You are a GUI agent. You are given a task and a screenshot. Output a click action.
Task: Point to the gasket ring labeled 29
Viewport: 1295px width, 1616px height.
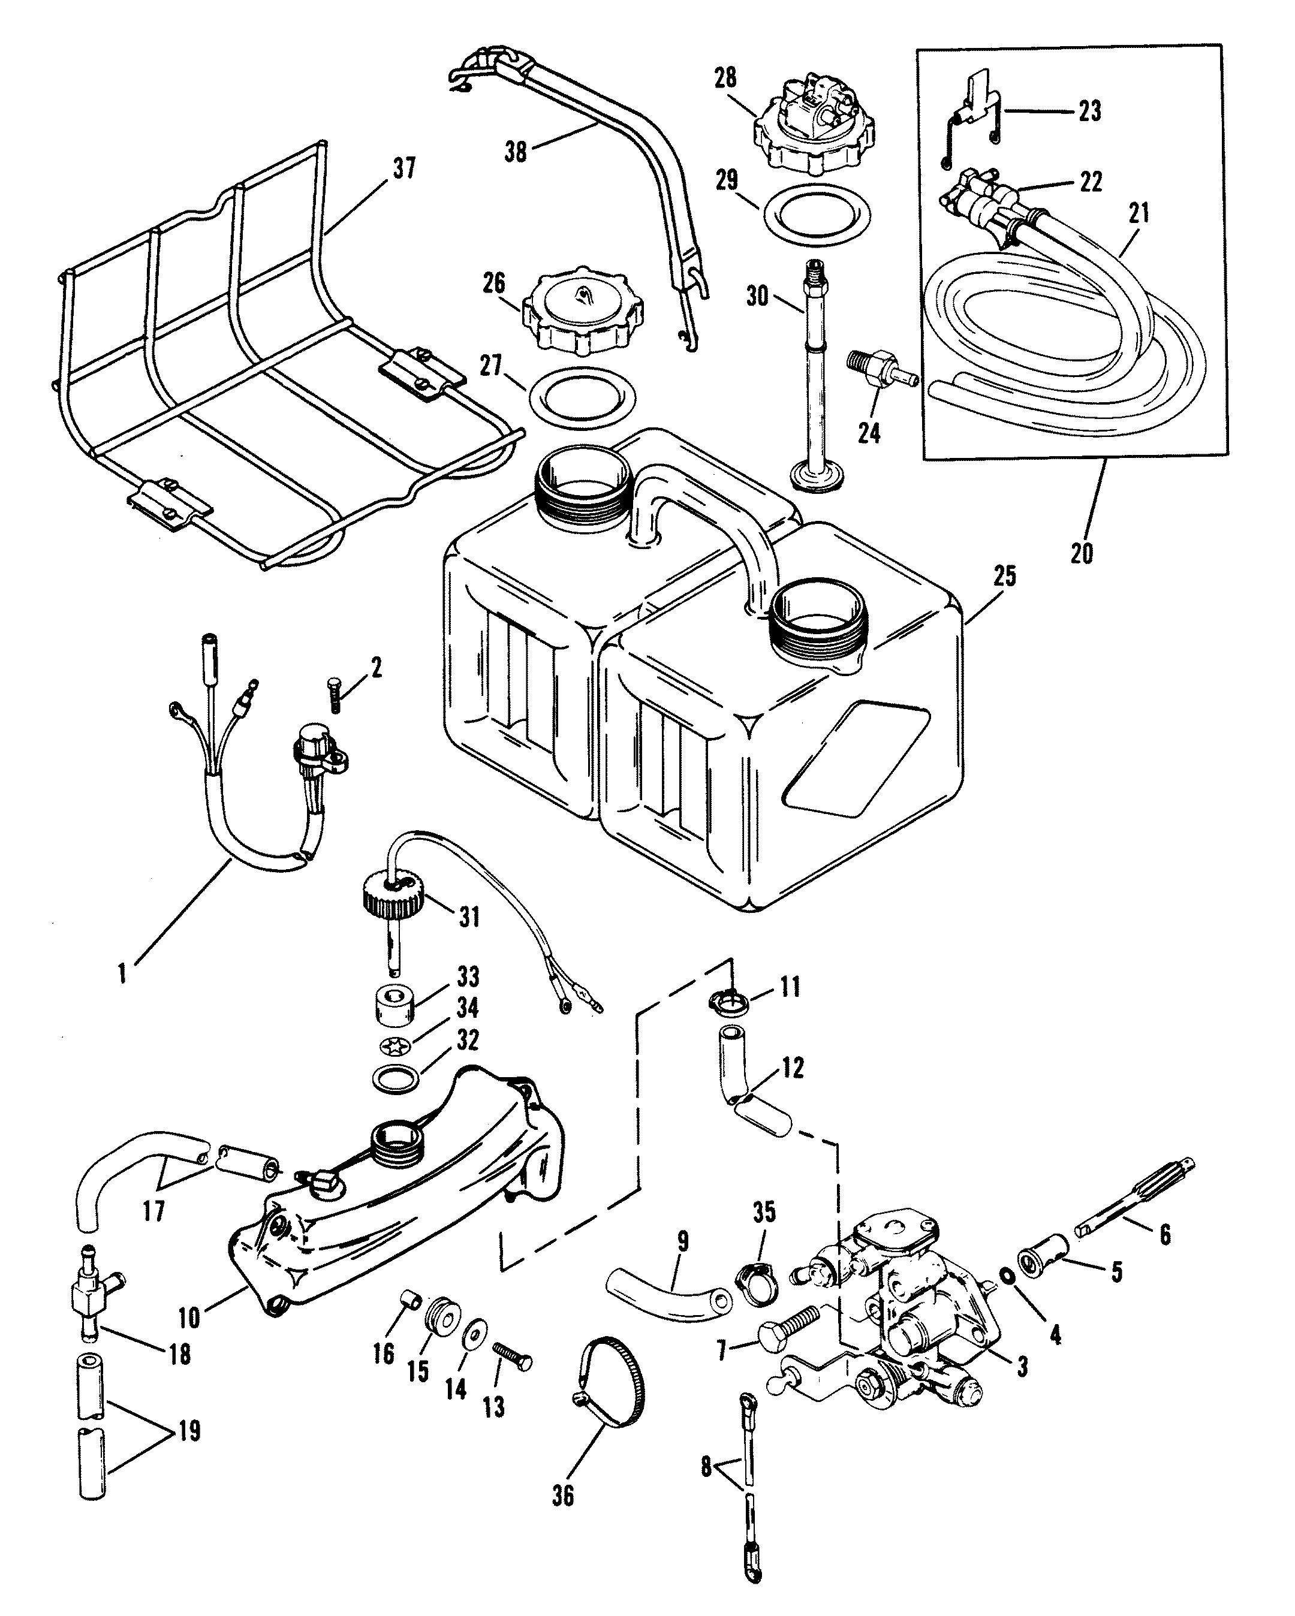pos(817,216)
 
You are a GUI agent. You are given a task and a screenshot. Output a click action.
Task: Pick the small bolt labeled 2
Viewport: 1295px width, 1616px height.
pos(334,695)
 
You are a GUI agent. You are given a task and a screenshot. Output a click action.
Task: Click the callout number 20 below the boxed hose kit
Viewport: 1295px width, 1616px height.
pos(1082,554)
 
